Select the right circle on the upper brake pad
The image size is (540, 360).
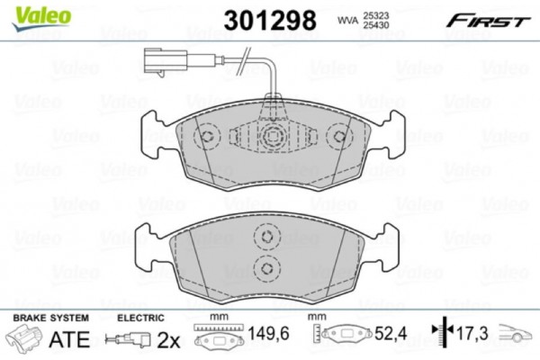point(339,137)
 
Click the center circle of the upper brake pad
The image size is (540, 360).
point(274,138)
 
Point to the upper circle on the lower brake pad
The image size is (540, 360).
point(265,238)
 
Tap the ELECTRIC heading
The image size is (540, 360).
point(141,318)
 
